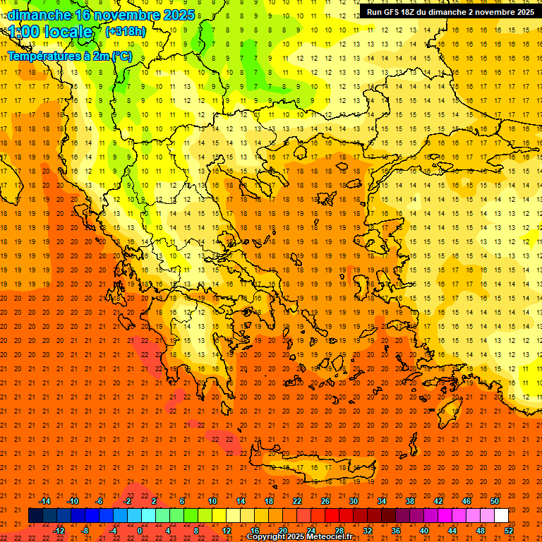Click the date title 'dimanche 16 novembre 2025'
(x=101, y=14)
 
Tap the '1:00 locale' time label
(x=50, y=32)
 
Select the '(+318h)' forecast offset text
(x=126, y=32)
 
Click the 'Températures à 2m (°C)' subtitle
(x=69, y=56)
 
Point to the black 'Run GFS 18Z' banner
(x=450, y=11)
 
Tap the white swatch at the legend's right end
(x=501, y=516)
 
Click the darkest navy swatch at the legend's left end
(x=35, y=516)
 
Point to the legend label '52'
(x=508, y=531)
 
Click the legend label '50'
(x=494, y=501)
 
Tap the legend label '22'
(x=297, y=501)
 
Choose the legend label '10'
(x=212, y=501)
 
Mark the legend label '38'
(x=410, y=501)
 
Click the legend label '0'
(x=139, y=531)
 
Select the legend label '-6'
(x=100, y=501)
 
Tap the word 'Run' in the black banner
(x=374, y=12)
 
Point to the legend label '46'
(x=466, y=501)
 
